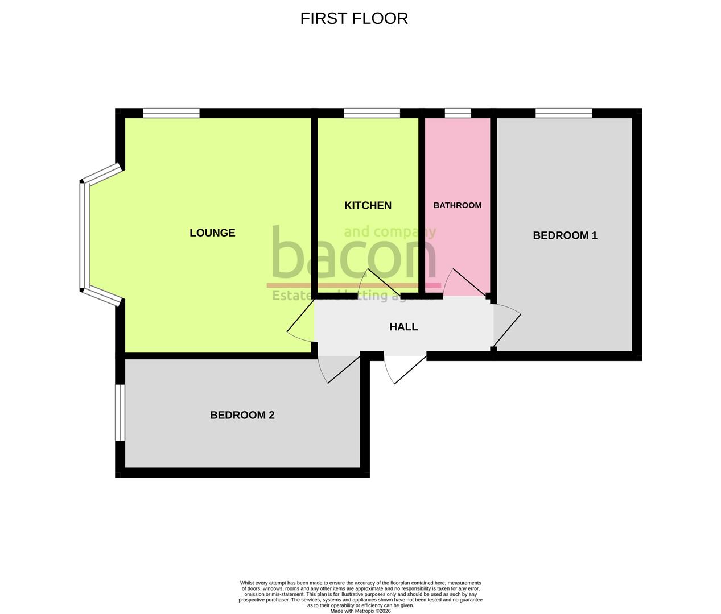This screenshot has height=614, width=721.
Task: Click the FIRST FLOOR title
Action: tap(354, 18)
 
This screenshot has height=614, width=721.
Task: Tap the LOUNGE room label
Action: tap(212, 233)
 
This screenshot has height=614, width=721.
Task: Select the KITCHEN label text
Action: tap(368, 205)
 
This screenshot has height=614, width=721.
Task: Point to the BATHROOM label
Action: tap(458, 205)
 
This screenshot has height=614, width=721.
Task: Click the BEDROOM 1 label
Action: tap(565, 235)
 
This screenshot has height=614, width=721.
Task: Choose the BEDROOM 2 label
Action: tap(242, 415)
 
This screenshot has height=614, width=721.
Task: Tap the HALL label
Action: tap(403, 327)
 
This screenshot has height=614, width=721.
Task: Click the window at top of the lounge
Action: tap(171, 113)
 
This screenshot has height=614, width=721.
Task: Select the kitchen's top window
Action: tap(372, 113)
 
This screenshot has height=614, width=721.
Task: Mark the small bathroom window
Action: tap(458, 113)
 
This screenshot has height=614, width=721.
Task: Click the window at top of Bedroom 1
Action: tap(563, 113)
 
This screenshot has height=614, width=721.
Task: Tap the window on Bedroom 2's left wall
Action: tap(120, 413)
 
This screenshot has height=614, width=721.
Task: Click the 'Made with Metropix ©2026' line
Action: tap(361, 611)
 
